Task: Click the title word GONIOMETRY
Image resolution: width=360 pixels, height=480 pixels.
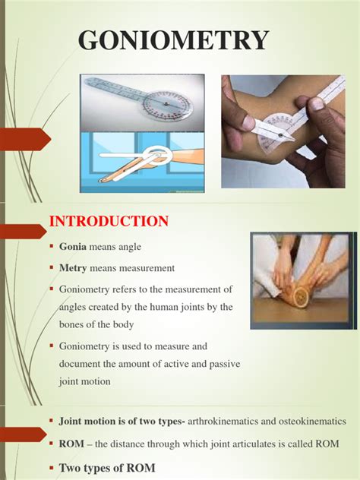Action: click(174, 40)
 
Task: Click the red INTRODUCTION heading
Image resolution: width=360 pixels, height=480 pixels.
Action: click(109, 221)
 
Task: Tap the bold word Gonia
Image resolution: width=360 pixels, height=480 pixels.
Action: click(73, 246)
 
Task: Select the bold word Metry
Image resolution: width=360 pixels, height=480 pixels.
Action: click(73, 268)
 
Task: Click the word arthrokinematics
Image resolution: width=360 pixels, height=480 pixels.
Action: click(223, 422)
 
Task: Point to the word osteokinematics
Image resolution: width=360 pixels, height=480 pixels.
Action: click(312, 422)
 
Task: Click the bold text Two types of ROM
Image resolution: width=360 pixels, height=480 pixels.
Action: click(107, 468)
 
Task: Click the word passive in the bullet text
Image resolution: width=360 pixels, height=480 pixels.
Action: click(225, 364)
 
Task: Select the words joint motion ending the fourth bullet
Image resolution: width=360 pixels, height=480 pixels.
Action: click(85, 382)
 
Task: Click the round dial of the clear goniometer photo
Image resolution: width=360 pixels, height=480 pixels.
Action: click(167, 105)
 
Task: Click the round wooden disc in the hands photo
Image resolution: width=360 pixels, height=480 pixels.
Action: click(301, 295)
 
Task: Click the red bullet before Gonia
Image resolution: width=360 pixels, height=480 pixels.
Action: click(52, 246)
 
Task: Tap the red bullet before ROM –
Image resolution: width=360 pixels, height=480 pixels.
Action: click(52, 443)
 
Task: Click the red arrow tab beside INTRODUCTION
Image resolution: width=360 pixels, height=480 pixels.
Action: click(23, 232)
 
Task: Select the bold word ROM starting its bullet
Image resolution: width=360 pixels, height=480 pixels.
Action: click(71, 444)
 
